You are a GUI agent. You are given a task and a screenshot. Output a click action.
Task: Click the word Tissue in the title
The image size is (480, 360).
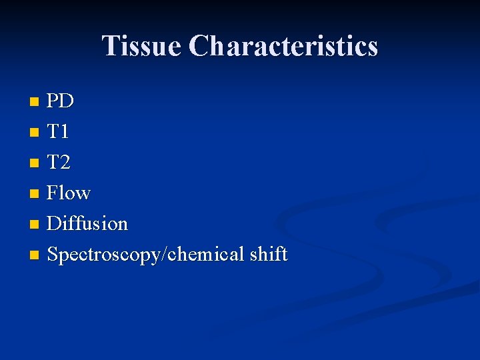tap(141, 46)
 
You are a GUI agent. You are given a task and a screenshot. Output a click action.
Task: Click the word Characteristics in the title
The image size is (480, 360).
tap(283, 46)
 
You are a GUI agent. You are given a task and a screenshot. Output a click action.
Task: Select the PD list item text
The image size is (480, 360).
tap(61, 101)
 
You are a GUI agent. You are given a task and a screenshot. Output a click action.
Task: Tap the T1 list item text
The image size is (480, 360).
tap(58, 132)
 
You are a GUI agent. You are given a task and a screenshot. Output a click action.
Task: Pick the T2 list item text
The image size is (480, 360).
tap(59, 163)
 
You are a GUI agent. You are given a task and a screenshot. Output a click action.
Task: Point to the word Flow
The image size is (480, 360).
tap(69, 193)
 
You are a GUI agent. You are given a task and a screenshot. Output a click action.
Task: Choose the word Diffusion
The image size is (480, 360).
tap(87, 223)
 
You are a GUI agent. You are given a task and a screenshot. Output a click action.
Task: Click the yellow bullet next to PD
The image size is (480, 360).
tap(35, 103)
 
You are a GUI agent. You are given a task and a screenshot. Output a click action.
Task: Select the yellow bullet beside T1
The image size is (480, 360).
tap(35, 133)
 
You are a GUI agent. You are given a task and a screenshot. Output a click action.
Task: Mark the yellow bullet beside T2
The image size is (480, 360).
tap(35, 163)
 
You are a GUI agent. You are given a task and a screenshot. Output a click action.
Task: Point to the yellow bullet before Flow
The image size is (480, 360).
tap(35, 194)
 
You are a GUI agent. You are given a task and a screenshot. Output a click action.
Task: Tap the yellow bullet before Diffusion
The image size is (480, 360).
tap(35, 225)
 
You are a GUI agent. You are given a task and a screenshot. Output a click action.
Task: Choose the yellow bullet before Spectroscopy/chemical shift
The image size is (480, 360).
tap(35, 255)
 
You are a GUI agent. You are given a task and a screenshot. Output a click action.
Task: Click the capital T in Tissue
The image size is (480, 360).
tap(111, 46)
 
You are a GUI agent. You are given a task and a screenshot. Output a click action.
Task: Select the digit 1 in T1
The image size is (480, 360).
tap(64, 132)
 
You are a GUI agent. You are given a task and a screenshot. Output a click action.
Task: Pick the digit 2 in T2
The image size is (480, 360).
tap(65, 163)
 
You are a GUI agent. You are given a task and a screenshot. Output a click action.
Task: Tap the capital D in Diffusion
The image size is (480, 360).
tap(54, 223)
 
